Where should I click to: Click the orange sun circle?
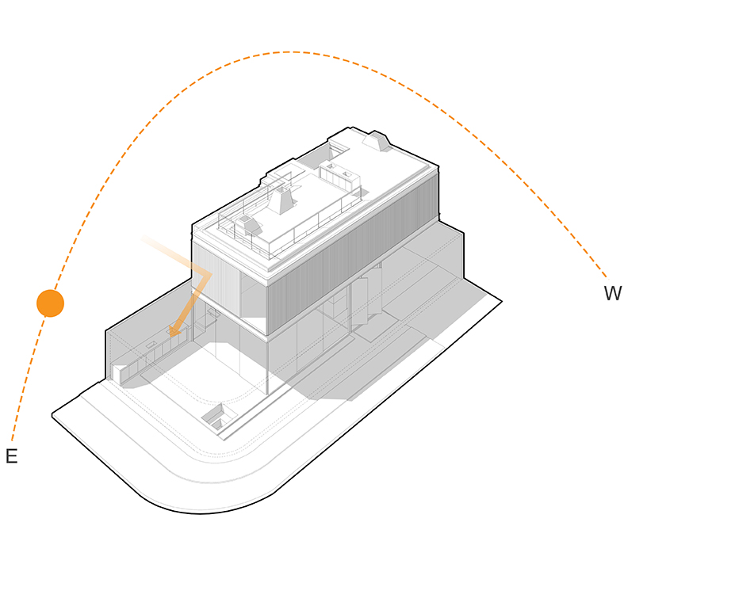(50, 303)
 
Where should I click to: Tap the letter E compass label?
(12, 456)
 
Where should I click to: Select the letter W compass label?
(613, 294)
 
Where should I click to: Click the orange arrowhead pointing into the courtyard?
(174, 330)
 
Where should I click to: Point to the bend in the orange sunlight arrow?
(206, 274)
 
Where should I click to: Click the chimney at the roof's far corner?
(377, 142)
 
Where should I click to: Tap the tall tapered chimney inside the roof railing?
(281, 200)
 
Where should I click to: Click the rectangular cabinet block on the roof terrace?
(339, 176)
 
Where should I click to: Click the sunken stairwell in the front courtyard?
(218, 417)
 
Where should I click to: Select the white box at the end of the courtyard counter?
(120, 374)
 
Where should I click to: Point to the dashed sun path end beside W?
(606, 278)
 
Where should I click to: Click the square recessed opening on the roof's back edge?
(336, 150)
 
